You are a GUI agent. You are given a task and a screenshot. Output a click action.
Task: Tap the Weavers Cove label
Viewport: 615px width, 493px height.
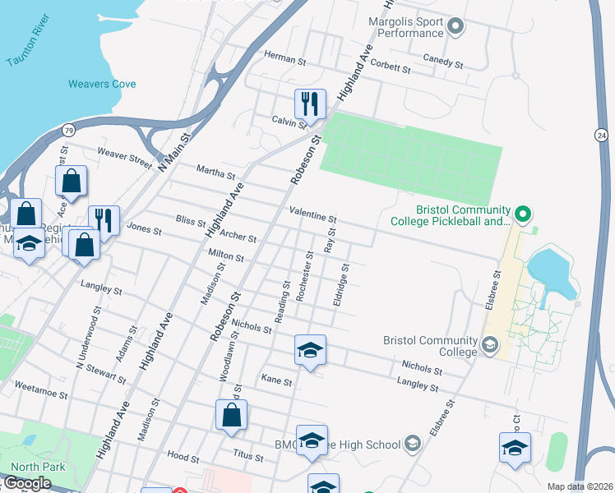[x=102, y=84]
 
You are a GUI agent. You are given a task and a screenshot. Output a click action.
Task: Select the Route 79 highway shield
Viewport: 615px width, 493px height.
[x=69, y=130]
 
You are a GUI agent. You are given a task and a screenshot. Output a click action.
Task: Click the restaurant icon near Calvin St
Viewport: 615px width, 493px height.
[x=310, y=104]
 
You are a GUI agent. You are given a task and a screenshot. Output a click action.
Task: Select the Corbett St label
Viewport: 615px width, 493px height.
[x=390, y=67]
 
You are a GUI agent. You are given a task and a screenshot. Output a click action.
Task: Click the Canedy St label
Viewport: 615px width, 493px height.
[x=444, y=61]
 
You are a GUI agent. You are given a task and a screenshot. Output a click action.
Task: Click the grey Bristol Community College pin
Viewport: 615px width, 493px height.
[x=491, y=346]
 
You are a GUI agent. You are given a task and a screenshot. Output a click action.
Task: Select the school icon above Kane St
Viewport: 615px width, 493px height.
[x=310, y=351]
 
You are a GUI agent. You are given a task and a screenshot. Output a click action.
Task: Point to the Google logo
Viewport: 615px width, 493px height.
[x=27, y=483]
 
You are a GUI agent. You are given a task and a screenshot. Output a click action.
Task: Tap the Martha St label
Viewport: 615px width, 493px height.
[x=215, y=173]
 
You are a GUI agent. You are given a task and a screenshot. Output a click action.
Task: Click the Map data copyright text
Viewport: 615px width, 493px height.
[x=579, y=486]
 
